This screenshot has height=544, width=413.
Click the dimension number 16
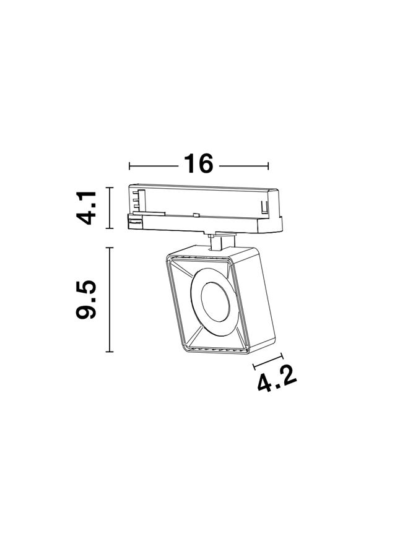pyautogui.click(x=199, y=163)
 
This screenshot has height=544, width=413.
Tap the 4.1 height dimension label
pyautogui.click(x=86, y=208)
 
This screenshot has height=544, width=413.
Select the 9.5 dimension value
pyautogui.click(x=86, y=299)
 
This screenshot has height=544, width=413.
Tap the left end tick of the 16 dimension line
pyautogui.click(x=129, y=166)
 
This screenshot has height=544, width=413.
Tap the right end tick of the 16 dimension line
pyautogui.click(x=268, y=166)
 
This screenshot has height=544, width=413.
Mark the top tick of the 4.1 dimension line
pyautogui.click(x=110, y=188)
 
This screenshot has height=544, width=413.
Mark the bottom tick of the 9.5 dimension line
pyautogui.click(x=110, y=352)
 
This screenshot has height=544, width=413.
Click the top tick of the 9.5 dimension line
pyautogui.click(x=110, y=248)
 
